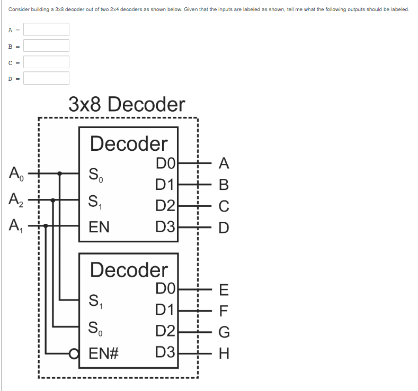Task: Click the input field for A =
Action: point(46,29)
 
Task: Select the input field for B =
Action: point(46,46)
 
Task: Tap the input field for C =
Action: point(46,62)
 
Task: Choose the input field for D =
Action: point(46,78)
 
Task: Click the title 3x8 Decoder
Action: point(127,104)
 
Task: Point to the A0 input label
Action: point(15,173)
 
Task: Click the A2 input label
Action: point(15,201)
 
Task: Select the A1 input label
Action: point(15,226)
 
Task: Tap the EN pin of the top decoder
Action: point(99,228)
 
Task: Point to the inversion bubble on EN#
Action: point(82,353)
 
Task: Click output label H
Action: point(224,353)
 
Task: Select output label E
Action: point(224,289)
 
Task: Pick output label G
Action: point(224,332)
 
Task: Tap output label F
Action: point(224,311)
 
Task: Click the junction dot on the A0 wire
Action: point(60,173)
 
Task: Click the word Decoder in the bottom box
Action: point(129,270)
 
